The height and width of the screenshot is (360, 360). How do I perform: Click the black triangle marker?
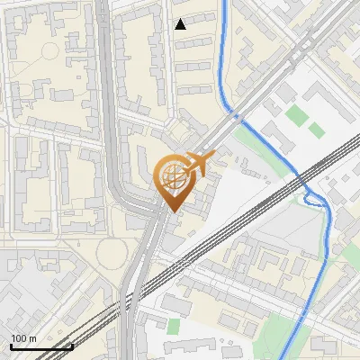[x=181, y=24]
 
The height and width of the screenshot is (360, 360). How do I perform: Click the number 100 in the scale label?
[x=19, y=338]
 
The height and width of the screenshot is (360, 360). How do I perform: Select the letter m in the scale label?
[x=33, y=338]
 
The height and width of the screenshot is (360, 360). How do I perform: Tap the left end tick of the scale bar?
[x=11, y=346]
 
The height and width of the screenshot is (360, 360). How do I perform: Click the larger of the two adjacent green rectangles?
[x=296, y=115]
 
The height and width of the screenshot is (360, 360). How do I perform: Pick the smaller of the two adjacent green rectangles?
[x=316, y=130]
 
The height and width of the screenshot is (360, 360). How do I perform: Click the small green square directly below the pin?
[x=174, y=325]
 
